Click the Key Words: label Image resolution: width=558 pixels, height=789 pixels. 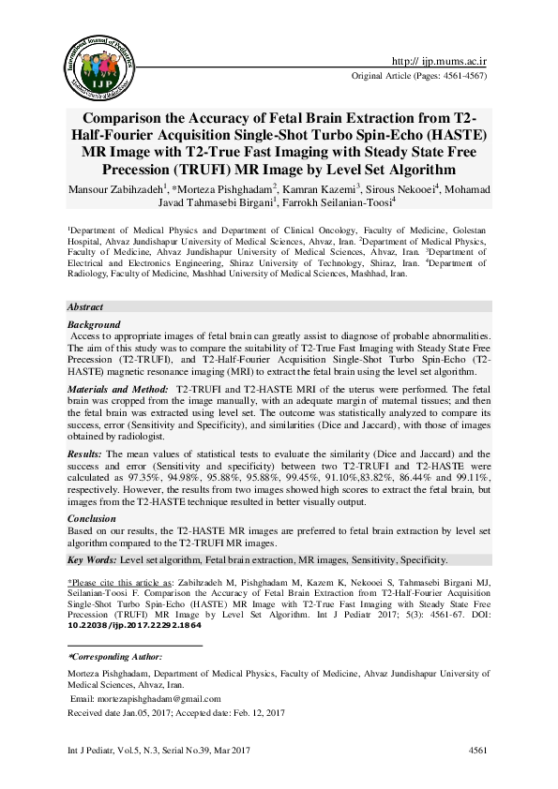click(91, 559)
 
